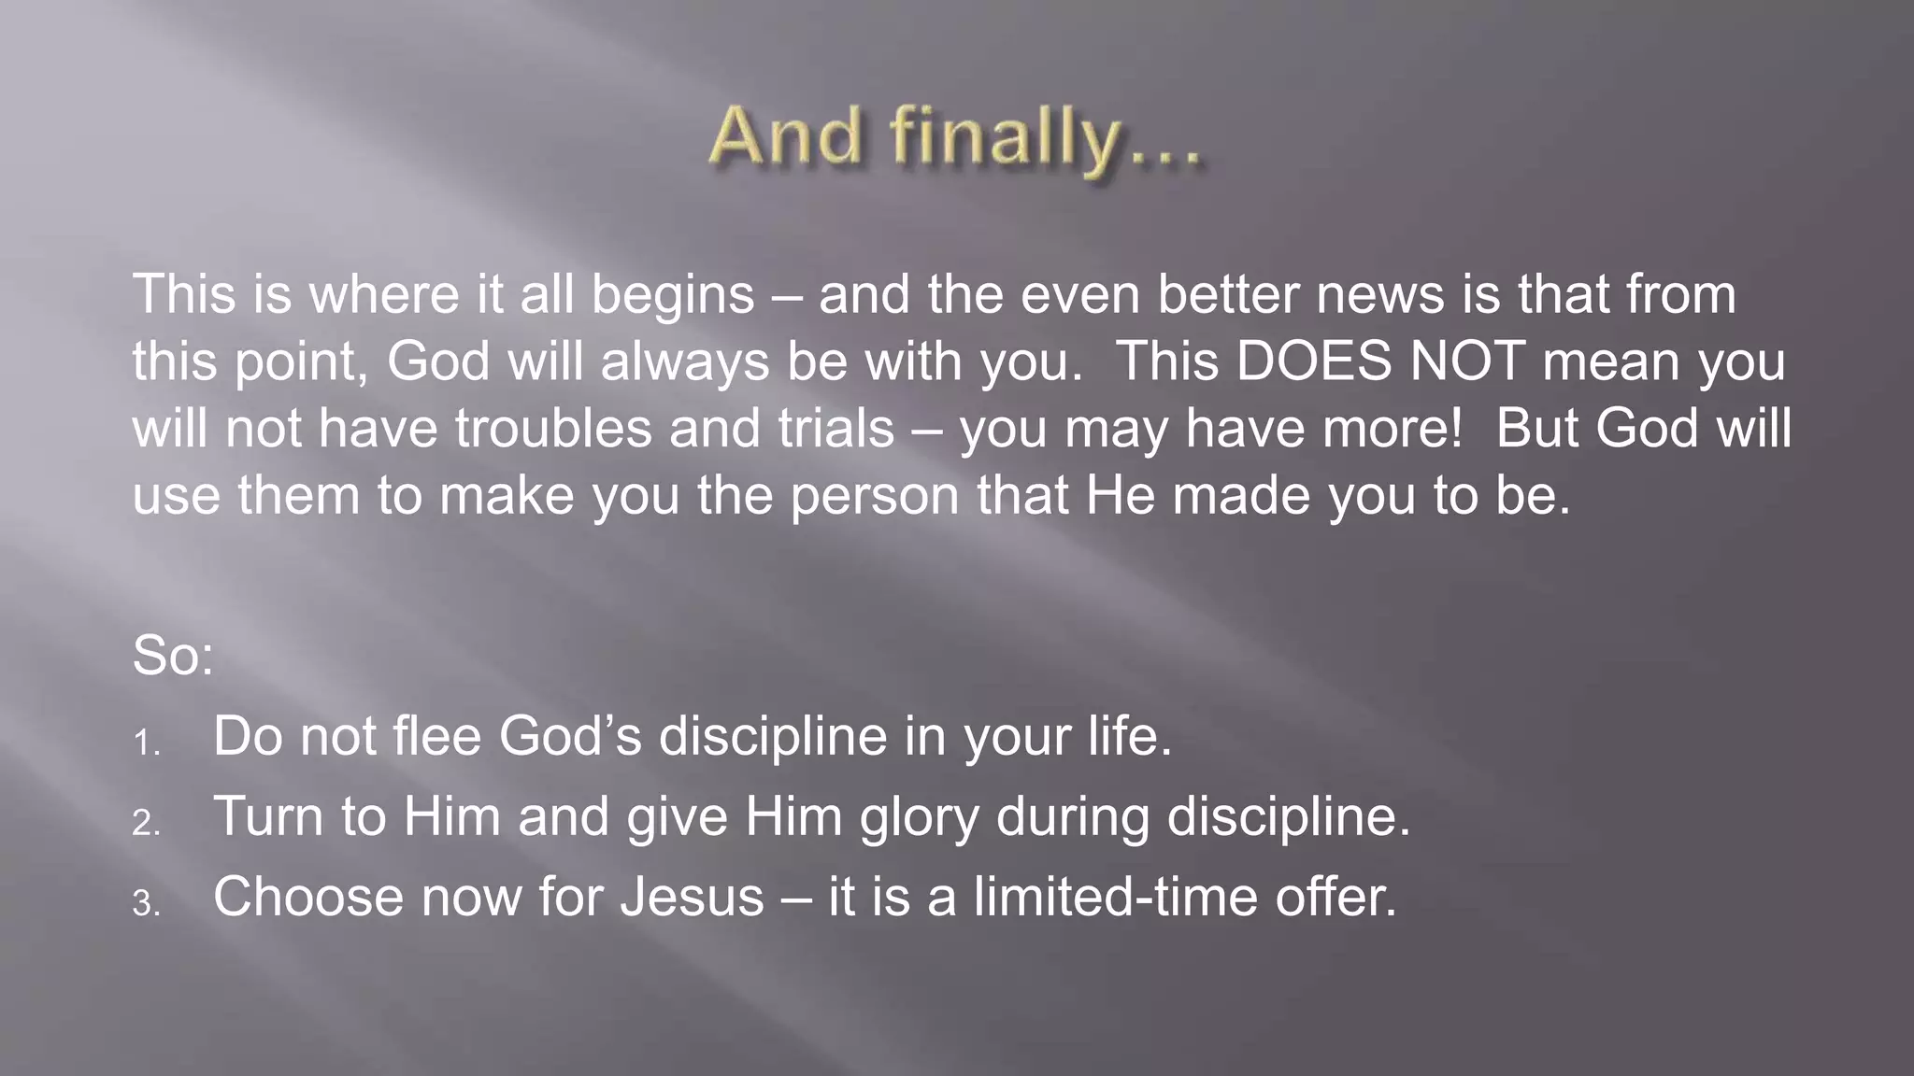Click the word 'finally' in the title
(x=1005, y=138)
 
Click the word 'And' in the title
(x=785, y=136)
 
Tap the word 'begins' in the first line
(x=673, y=295)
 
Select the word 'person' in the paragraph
(x=875, y=496)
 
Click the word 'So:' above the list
(x=174, y=656)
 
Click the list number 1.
(x=146, y=743)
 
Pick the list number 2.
(x=146, y=824)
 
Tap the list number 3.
(x=146, y=904)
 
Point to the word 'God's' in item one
(x=570, y=736)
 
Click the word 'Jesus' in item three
(x=693, y=898)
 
